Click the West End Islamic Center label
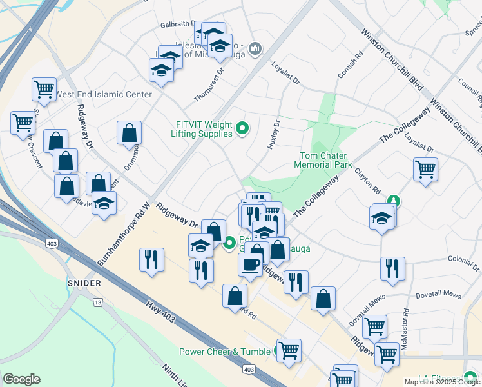[104, 94]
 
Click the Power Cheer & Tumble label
[225, 352]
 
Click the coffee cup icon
[250, 263]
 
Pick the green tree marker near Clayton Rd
[393, 202]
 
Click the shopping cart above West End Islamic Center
[44, 90]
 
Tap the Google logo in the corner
[21, 379]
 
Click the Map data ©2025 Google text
[443, 382]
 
